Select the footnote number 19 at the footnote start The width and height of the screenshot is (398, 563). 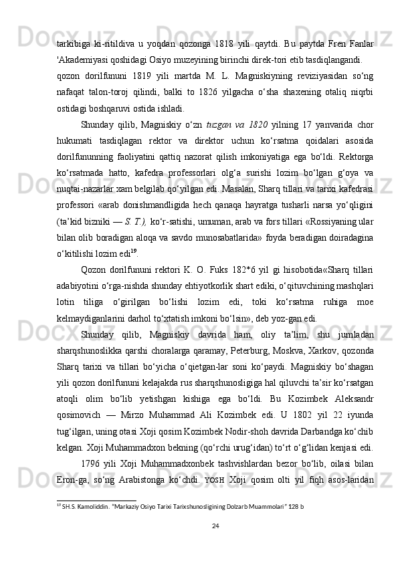(59, 506)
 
